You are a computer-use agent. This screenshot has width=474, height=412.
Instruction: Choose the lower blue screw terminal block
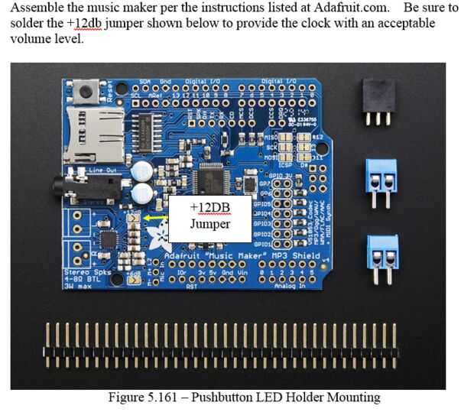point(381,252)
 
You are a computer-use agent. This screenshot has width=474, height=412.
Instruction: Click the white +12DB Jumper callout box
point(209,216)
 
